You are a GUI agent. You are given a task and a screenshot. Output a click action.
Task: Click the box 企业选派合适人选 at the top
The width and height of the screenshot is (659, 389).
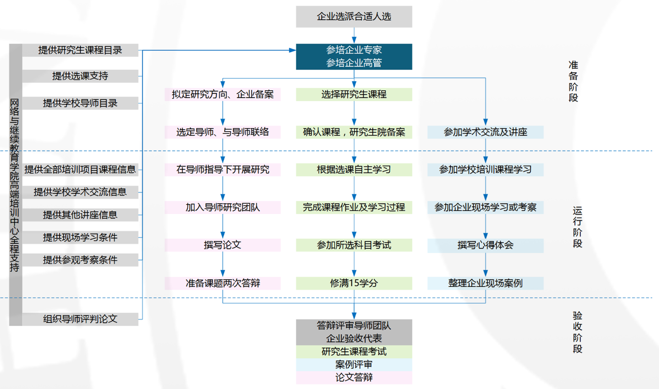point(354,17)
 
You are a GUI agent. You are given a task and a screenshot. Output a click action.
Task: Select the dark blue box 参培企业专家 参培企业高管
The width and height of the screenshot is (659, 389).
point(354,57)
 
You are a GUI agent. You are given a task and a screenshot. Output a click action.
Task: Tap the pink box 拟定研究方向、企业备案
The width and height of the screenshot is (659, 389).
point(223,94)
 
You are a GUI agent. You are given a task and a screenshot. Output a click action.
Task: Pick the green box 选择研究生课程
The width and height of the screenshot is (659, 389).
point(354,94)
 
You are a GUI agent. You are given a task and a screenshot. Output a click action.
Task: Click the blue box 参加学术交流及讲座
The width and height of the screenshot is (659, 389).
point(485,132)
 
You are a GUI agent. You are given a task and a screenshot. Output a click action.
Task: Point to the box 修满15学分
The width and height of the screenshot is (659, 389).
point(354,283)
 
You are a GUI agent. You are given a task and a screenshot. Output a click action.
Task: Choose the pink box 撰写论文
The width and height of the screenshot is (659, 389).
point(223,245)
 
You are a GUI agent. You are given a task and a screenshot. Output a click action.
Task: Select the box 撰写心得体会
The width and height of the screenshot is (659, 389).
point(485,245)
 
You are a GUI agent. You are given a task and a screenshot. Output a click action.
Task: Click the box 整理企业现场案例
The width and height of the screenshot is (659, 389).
point(485,283)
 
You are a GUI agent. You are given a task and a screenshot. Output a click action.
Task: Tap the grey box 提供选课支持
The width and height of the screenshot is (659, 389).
point(80,76)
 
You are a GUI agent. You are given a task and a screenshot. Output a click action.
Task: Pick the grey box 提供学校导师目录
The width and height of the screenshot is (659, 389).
point(80,103)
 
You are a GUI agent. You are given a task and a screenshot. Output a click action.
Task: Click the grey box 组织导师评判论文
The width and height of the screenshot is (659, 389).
point(80,319)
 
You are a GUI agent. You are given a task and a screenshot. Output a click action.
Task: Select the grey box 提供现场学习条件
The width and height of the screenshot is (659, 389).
point(80,237)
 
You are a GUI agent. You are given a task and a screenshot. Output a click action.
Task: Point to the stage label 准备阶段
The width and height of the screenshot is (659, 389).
point(573,82)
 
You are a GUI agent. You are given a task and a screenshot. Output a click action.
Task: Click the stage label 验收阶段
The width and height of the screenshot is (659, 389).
point(578,332)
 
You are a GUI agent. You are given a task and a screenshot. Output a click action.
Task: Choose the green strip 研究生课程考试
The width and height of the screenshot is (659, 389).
point(354,351)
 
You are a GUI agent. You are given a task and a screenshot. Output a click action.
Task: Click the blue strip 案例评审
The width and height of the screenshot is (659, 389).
point(354,365)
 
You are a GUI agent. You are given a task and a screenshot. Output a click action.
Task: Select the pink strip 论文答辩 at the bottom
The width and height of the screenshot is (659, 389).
point(354,377)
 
